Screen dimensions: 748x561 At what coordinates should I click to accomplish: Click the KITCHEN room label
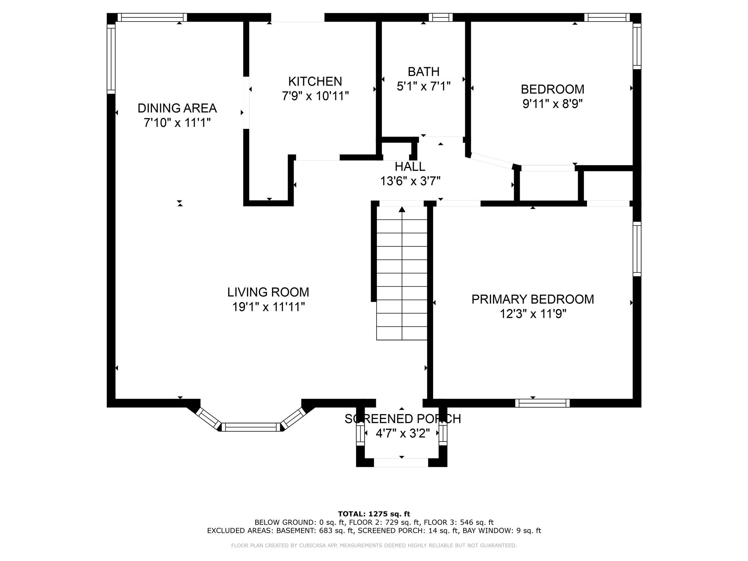pos(315,81)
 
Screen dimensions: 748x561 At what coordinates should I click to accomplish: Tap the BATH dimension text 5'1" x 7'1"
pos(423,86)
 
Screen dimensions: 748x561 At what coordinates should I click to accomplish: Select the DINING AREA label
pos(177,108)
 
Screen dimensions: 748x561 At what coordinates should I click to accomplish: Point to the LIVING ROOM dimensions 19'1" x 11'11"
pos(268,307)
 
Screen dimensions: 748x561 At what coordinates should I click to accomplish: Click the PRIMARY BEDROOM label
pos(533,299)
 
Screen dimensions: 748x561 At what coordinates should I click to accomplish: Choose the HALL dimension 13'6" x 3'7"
pos(410,181)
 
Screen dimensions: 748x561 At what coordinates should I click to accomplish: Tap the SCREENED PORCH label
pos(402,419)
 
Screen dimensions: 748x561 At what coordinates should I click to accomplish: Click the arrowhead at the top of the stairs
pos(402,209)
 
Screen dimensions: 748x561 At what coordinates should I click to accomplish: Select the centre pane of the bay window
pos(251,427)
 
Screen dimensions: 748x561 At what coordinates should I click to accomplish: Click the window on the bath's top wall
pos(440,17)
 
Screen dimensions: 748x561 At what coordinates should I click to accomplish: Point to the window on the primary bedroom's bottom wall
pos(542,403)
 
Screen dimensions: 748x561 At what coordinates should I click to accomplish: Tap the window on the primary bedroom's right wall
pos(637,249)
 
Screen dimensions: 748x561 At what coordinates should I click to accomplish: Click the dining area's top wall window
pos(152,17)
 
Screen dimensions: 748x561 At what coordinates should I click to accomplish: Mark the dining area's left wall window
pos(111,59)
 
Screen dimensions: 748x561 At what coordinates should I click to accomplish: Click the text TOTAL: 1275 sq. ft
pos(374,514)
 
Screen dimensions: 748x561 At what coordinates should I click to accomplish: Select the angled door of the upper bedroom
pos(492,161)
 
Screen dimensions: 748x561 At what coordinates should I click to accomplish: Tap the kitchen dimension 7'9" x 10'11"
pos(315,96)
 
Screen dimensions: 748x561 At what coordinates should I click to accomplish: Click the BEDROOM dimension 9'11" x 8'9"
pos(552,104)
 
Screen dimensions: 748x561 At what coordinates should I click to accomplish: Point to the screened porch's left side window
pos(360,434)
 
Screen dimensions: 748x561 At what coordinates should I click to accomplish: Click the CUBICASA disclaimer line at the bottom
pos(374,545)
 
